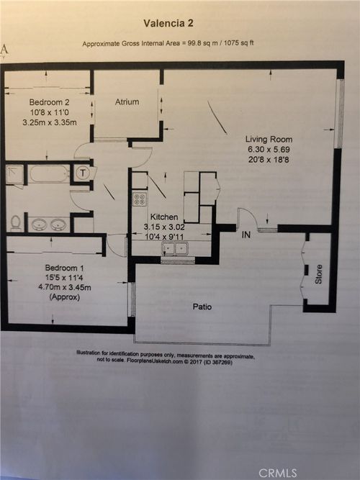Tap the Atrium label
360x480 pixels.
(127, 102)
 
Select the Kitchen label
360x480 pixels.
(163, 217)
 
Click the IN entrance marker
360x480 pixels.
(246, 235)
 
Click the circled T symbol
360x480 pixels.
(83, 173)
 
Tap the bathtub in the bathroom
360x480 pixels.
(49, 173)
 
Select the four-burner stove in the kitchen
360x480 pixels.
(140, 199)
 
